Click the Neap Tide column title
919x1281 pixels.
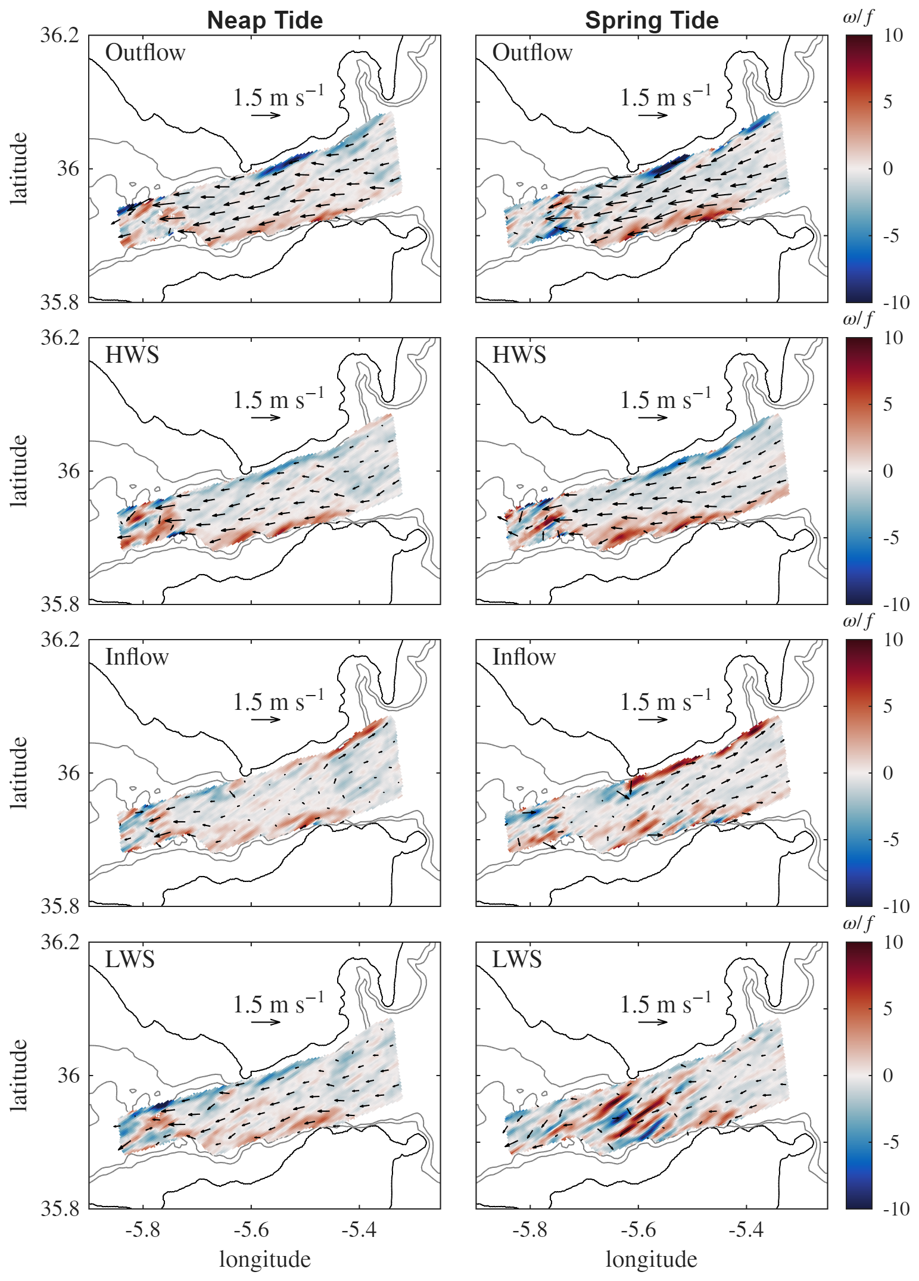[x=264, y=20]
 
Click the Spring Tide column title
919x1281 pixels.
[x=652, y=20]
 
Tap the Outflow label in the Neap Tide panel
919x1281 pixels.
[x=145, y=53]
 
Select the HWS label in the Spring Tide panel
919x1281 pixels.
[x=519, y=355]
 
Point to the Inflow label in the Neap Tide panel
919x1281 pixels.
[x=137, y=657]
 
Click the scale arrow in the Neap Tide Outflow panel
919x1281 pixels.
[x=266, y=115]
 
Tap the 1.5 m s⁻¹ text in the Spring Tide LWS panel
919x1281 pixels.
[x=665, y=1004]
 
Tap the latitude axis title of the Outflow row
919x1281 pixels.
[x=20, y=169]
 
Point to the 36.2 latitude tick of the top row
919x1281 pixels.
[x=60, y=36]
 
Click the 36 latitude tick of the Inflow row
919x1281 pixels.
[x=67, y=773]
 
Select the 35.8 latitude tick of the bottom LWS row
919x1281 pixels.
[x=60, y=1208]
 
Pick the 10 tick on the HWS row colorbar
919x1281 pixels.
[x=893, y=338]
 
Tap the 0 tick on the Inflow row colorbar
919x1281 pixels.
[x=887, y=773]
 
